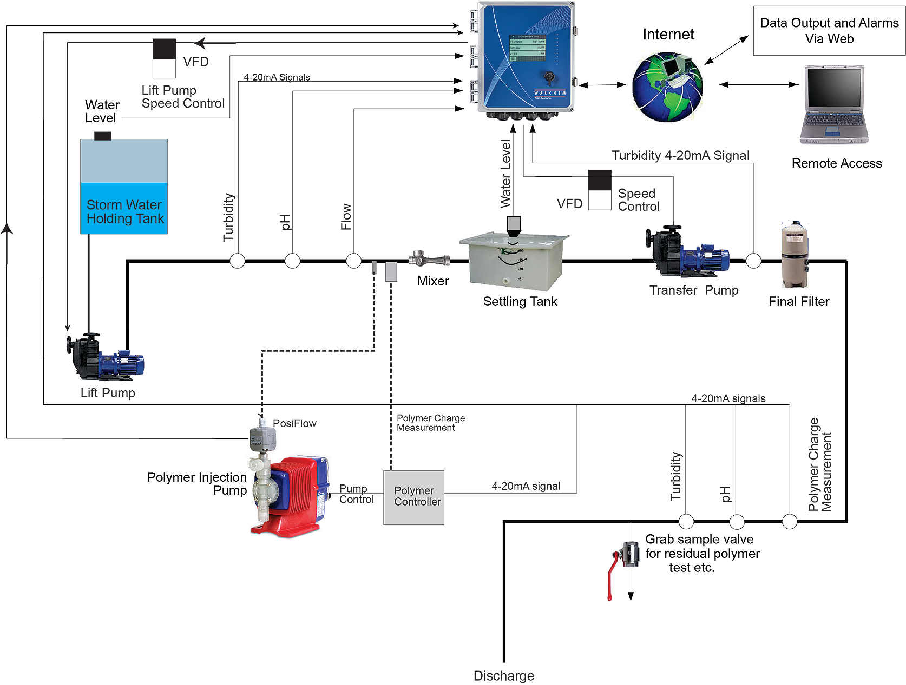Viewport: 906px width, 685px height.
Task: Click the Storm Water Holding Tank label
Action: [x=124, y=212]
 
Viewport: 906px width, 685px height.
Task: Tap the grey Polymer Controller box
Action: [x=413, y=497]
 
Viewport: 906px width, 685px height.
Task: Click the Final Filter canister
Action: [x=795, y=255]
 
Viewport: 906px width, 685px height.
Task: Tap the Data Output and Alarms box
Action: [x=829, y=31]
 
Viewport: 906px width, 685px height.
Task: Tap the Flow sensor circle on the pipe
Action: [x=353, y=261]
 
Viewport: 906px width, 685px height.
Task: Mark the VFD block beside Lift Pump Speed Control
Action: [x=164, y=58]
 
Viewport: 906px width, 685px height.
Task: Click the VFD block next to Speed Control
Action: [x=600, y=190]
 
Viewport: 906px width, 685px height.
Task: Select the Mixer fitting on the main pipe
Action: [x=429, y=260]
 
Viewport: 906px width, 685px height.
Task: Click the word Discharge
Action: [x=503, y=676]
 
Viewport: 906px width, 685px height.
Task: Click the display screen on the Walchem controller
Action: [x=527, y=48]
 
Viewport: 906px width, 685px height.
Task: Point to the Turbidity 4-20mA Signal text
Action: [x=680, y=156]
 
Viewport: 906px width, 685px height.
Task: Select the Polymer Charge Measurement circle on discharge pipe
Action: [x=790, y=522]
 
